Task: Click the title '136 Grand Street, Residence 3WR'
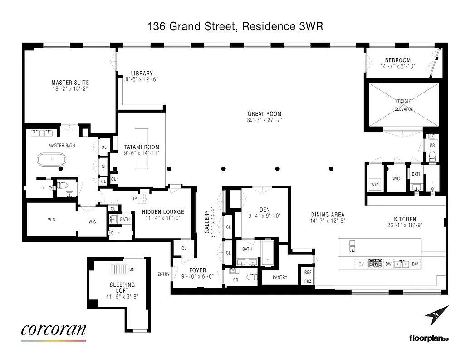(235, 27)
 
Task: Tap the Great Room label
(264, 114)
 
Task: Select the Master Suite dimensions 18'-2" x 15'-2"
(70, 89)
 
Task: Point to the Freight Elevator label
(404, 105)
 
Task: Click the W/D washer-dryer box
(375, 185)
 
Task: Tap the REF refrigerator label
(308, 272)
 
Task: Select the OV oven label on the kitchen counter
(362, 264)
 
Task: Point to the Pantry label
(280, 277)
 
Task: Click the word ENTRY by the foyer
(163, 274)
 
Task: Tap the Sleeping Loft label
(122, 288)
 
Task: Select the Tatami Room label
(142, 147)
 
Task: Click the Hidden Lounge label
(163, 212)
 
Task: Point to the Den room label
(264, 209)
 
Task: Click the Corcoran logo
(53, 330)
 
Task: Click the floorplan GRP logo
(429, 338)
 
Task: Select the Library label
(142, 73)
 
